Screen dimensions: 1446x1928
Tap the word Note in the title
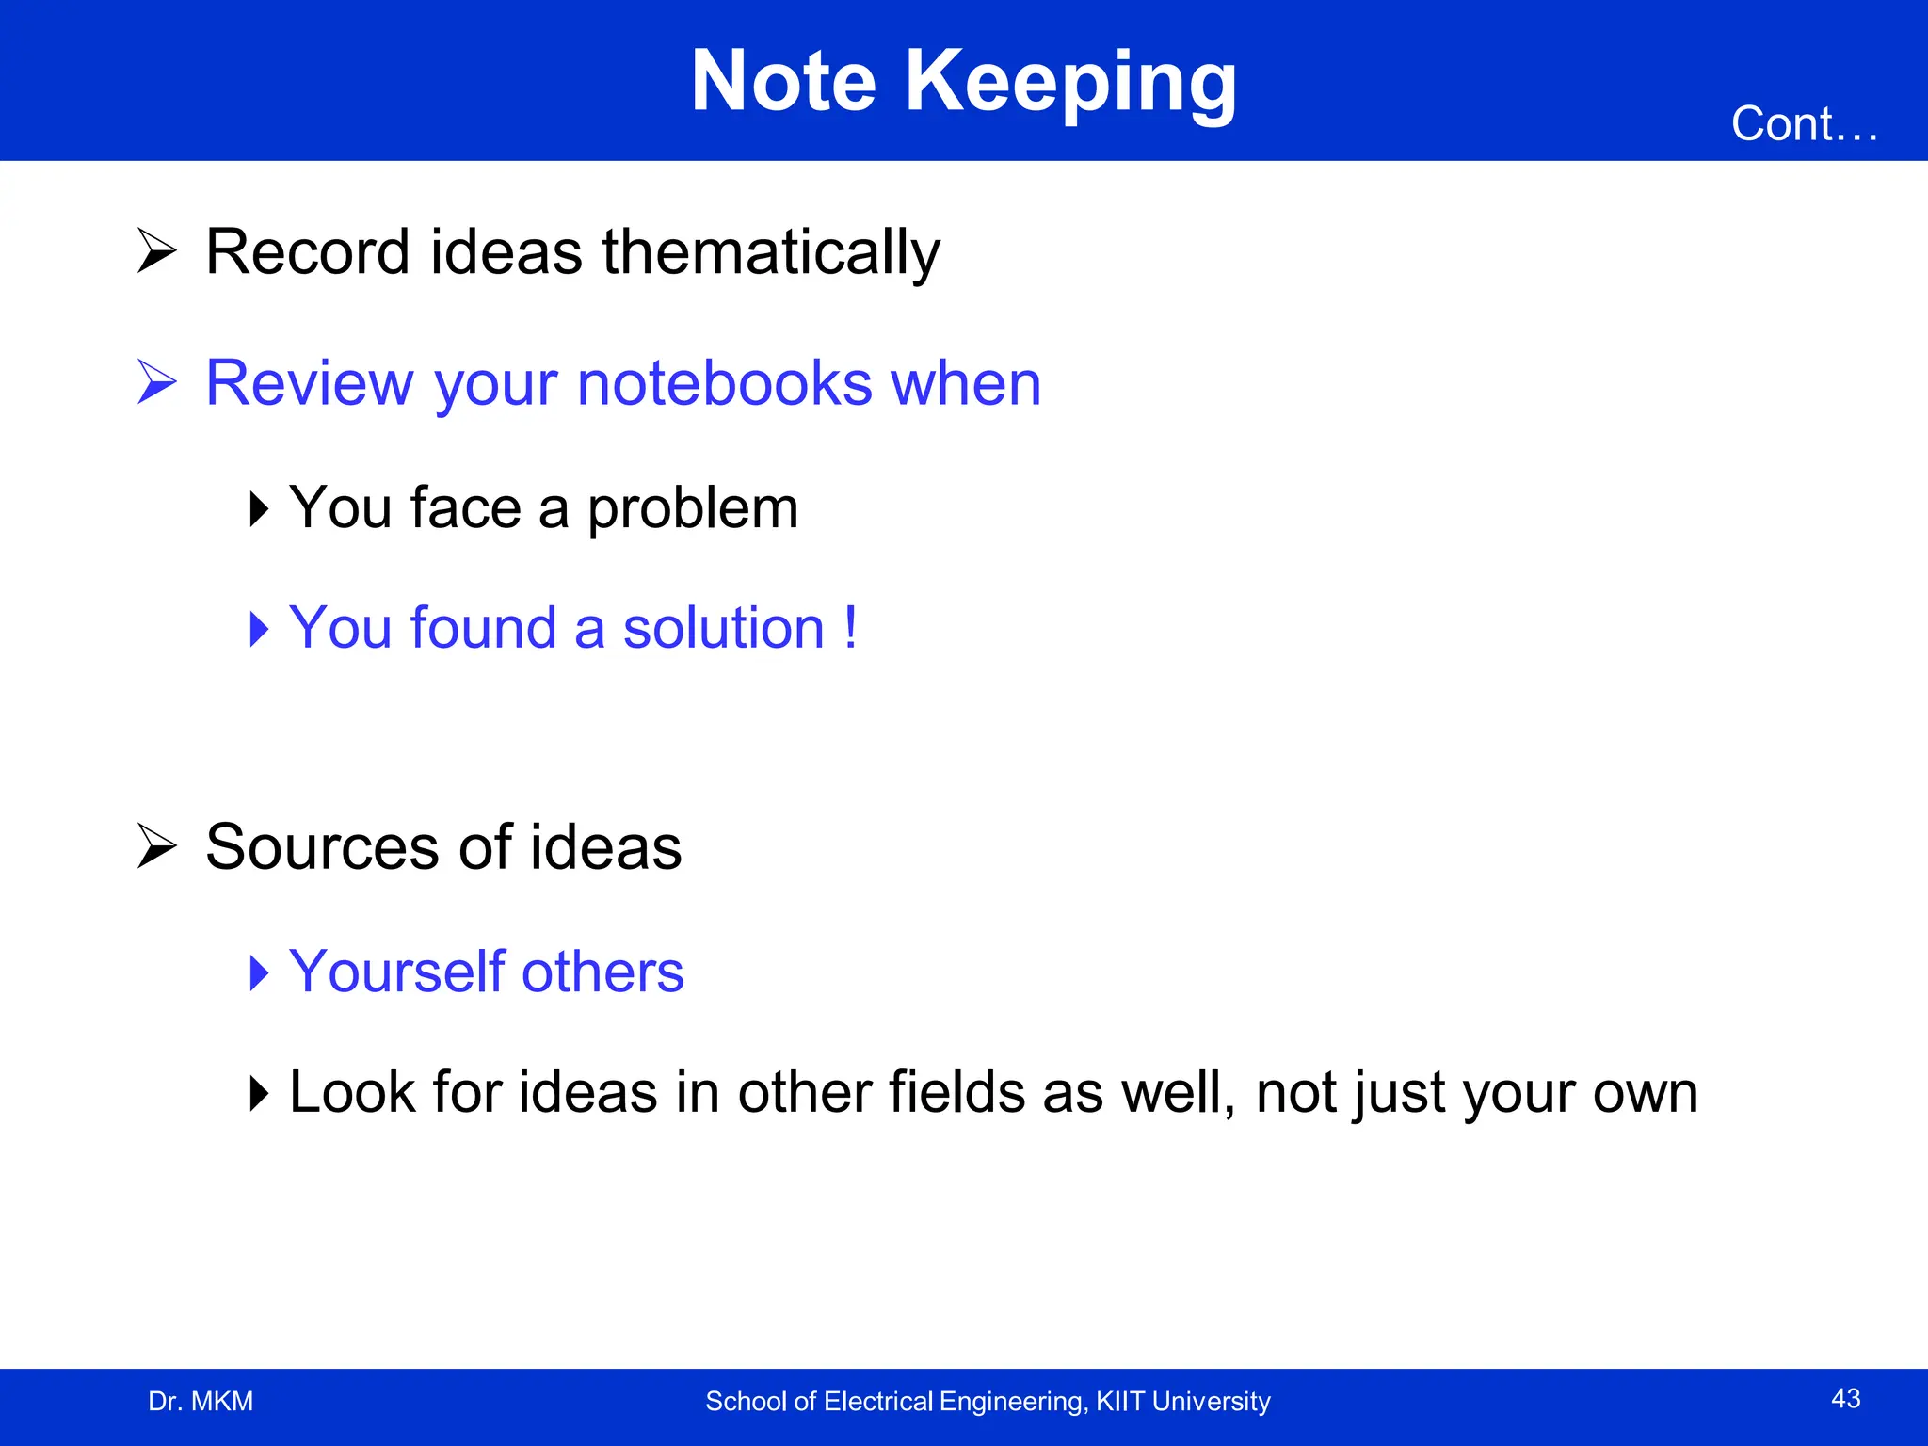tap(783, 83)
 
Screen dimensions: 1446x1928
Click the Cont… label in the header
tap(1804, 125)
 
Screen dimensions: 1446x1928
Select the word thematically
tap(771, 253)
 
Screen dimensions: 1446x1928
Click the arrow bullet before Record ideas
tap(156, 250)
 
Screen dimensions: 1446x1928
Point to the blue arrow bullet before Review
tap(156, 382)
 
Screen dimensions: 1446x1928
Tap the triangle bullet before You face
tap(259, 508)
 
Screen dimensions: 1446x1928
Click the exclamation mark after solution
tap(850, 627)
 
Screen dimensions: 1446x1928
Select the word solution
tap(723, 628)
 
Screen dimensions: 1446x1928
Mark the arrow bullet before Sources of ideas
tap(156, 845)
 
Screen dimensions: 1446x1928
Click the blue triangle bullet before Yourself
tap(259, 972)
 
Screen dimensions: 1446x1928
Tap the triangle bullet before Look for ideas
tap(259, 1093)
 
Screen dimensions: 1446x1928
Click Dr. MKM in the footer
tap(201, 1402)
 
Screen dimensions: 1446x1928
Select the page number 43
tap(1845, 1399)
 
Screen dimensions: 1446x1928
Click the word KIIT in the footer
tap(1119, 1402)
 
